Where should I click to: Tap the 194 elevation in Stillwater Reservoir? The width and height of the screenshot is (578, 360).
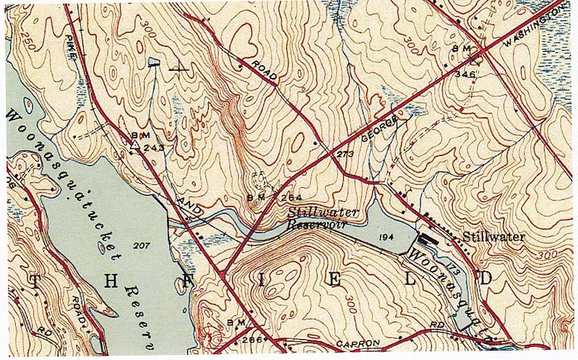[387, 237]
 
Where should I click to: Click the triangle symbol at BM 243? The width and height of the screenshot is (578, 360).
[135, 144]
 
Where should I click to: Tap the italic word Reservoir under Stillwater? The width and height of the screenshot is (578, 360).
[319, 226]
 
